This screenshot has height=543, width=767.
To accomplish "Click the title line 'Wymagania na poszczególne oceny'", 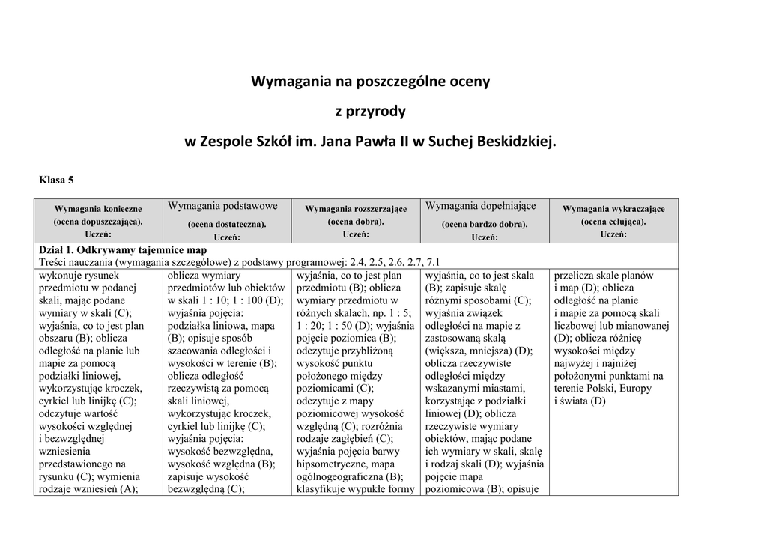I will point(369,81).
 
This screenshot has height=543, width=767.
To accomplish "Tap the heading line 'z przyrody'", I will point(369,112).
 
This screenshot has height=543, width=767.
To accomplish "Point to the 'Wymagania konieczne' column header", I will point(98,209).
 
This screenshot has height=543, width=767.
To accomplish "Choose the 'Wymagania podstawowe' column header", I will point(222,206).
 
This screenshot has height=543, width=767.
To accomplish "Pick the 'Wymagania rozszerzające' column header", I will point(356,209).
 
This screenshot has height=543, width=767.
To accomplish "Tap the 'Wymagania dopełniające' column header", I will point(481,206).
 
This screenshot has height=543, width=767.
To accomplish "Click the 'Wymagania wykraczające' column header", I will point(613,209).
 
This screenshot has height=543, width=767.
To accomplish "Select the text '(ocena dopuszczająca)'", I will point(98,222).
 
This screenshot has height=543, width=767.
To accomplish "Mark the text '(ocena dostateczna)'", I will point(227,223).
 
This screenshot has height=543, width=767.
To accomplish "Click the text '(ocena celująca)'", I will point(613,222).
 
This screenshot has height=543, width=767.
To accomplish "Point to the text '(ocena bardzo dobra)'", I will point(485,223).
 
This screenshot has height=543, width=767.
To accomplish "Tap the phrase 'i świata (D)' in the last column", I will point(580,401).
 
